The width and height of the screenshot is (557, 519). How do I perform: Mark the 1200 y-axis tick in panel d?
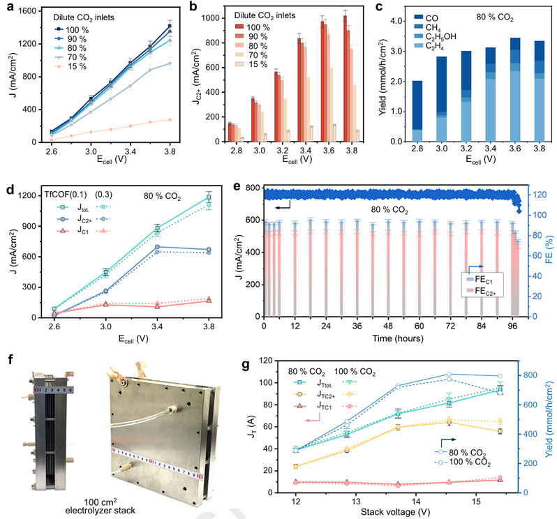[x=32, y=195]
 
